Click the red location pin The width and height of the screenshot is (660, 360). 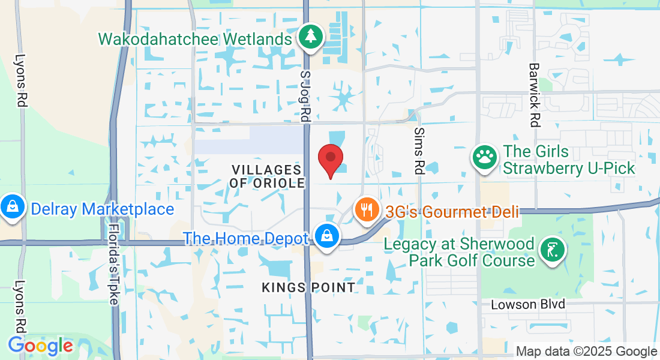(330, 159)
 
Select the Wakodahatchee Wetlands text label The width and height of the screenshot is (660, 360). (195, 40)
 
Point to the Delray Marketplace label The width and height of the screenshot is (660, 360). (102, 209)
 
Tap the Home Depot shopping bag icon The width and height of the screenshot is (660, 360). (327, 235)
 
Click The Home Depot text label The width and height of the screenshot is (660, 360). (246, 238)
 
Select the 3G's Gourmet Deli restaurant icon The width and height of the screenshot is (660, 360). (366, 210)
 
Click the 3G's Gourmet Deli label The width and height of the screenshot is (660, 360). (452, 212)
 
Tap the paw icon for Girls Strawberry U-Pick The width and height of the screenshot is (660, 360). (484, 157)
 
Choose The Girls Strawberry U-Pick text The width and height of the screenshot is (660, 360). (569, 160)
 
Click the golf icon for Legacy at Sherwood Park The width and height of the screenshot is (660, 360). (551, 249)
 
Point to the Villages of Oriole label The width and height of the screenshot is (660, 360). (267, 176)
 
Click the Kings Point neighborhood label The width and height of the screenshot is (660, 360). (308, 287)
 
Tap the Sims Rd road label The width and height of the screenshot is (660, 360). (419, 151)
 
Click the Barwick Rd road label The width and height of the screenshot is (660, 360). (533, 95)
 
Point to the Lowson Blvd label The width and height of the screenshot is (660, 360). (528, 304)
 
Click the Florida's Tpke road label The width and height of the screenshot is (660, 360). (113, 264)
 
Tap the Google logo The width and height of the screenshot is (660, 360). (41, 346)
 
